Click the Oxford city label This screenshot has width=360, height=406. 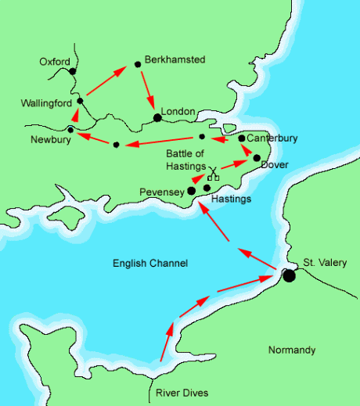coord(55,62)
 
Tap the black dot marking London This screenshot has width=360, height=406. coord(157,117)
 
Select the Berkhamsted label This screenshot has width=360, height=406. coord(175,59)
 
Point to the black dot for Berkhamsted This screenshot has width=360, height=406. coord(138,63)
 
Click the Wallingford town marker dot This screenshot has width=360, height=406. coord(80,101)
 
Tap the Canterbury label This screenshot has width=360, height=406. coord(273,138)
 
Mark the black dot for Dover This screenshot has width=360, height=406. coord(257,158)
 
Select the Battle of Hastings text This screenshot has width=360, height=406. coord(185,160)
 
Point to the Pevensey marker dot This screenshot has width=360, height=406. coord(191,190)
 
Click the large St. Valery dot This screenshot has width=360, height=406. coord(289,275)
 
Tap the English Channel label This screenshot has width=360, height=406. coord(149,264)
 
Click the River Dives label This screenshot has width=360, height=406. coord(182,393)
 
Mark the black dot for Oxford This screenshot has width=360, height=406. coord(72,71)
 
